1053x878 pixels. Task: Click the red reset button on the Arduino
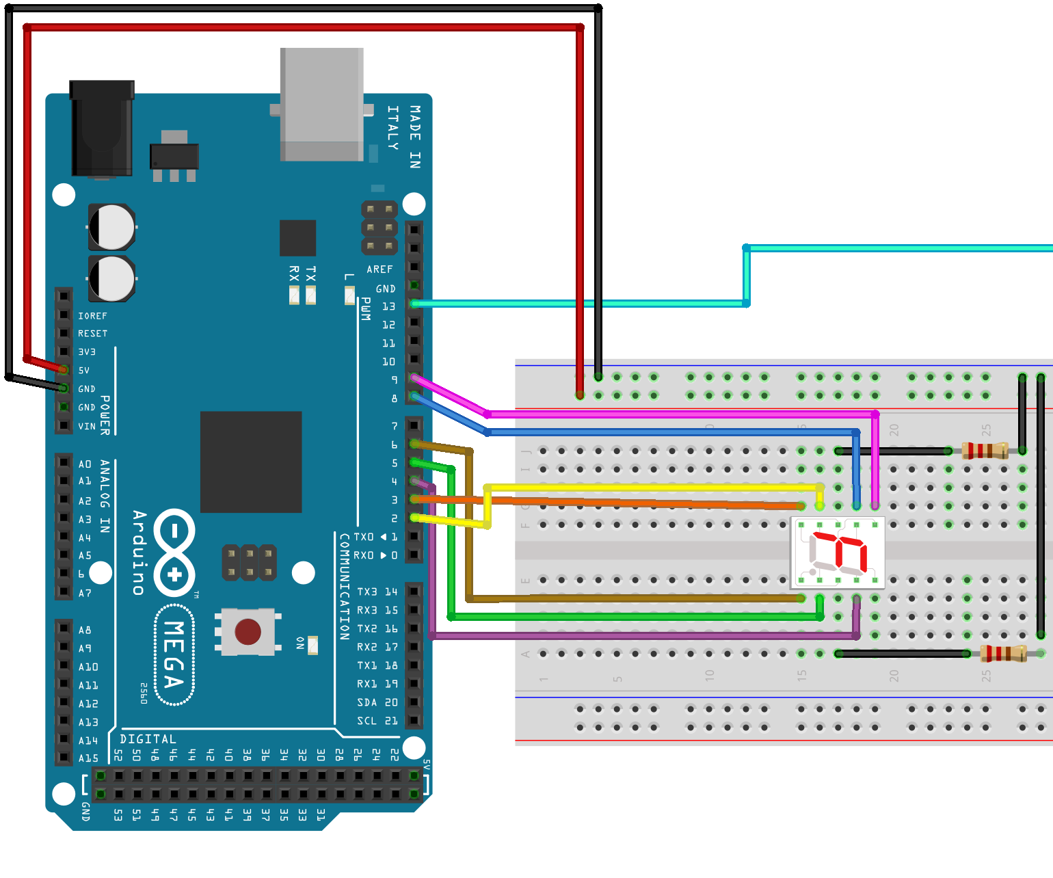click(x=248, y=631)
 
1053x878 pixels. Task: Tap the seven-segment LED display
click(x=838, y=553)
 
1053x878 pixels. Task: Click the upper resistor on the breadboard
click(x=985, y=450)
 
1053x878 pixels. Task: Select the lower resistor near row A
click(x=1003, y=654)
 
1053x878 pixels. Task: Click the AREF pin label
click(x=379, y=269)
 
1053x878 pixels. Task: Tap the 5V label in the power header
click(x=84, y=371)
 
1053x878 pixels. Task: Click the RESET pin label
click(x=92, y=334)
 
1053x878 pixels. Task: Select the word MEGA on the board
click(x=174, y=654)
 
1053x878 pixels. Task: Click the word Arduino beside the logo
click(x=139, y=553)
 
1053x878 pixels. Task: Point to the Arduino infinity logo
click(x=174, y=553)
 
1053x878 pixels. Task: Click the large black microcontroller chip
click(x=251, y=462)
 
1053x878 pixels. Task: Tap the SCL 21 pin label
click(x=377, y=721)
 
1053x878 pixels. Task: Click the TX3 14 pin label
click(x=377, y=591)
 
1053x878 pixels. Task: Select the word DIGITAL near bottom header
click(x=148, y=739)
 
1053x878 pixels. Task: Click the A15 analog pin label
click(x=88, y=758)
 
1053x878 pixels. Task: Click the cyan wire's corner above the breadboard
click(x=746, y=248)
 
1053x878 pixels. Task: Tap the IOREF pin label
click(x=92, y=316)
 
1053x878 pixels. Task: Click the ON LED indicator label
click(x=300, y=643)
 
